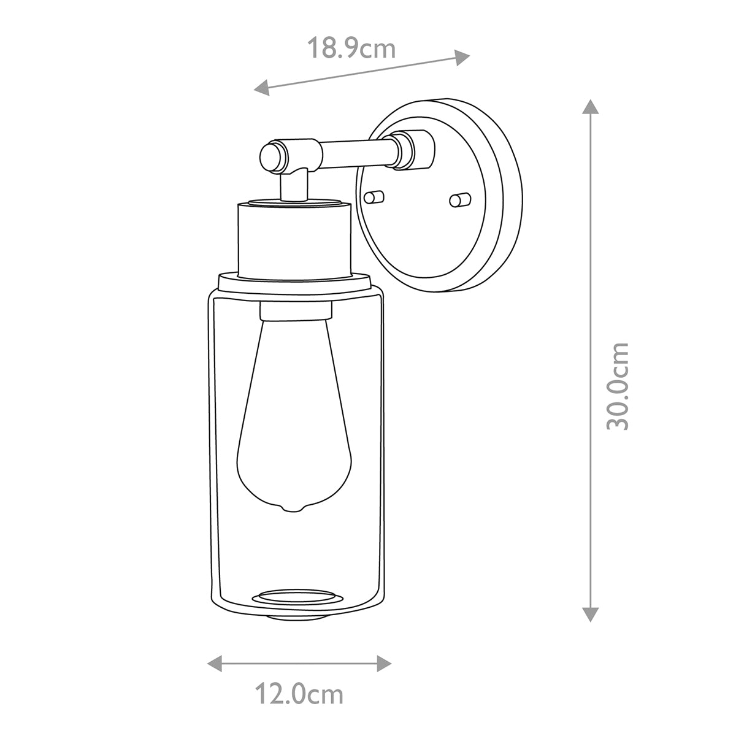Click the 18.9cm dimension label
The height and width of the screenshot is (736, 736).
351,48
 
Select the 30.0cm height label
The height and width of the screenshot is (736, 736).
617,386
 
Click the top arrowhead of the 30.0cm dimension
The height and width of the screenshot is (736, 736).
590,107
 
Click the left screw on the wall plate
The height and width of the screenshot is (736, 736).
374,196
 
